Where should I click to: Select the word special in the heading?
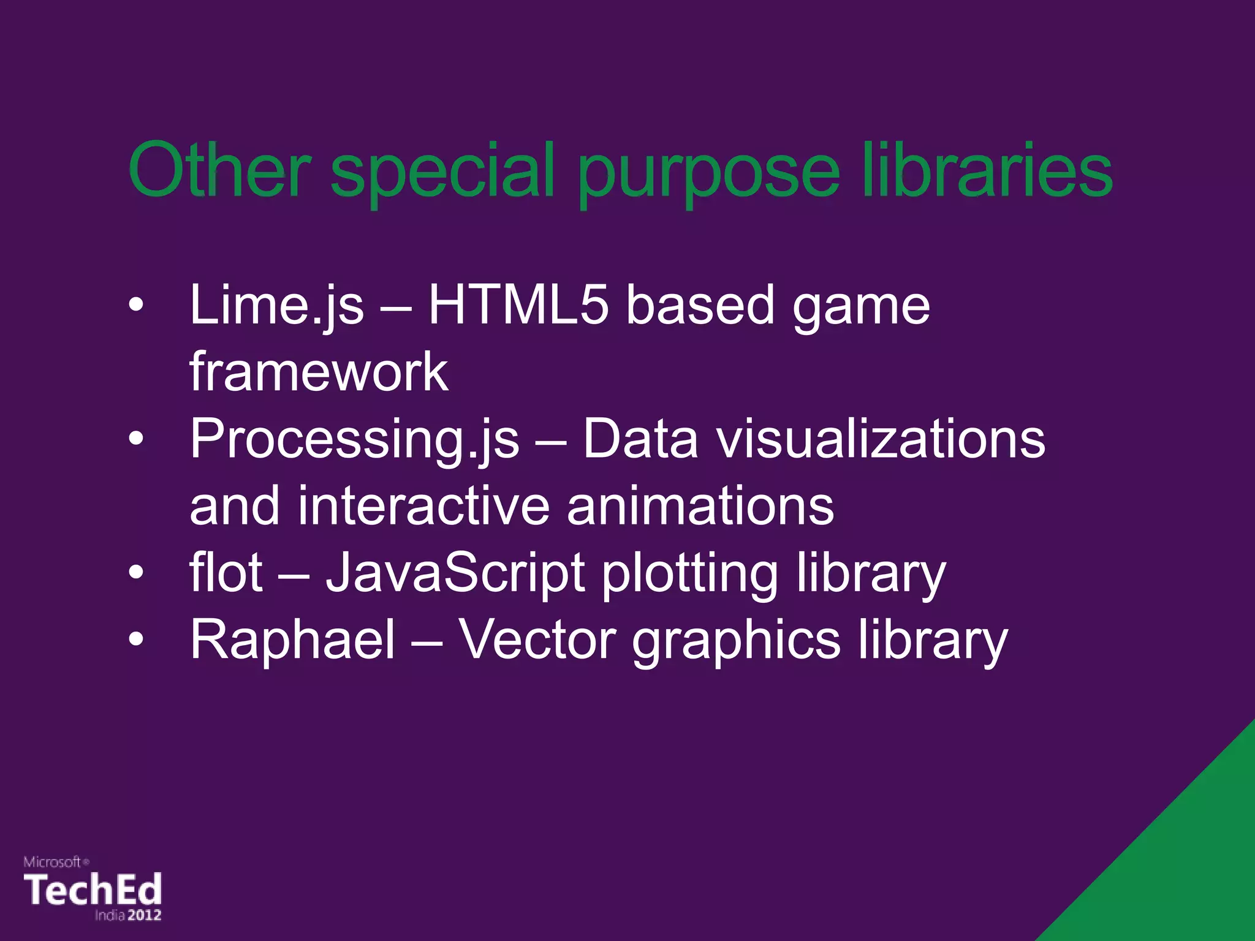pyautogui.click(x=442, y=172)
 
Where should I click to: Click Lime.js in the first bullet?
pyautogui.click(x=276, y=306)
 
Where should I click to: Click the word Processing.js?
pyautogui.click(x=354, y=440)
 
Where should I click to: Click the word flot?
pyautogui.click(x=226, y=572)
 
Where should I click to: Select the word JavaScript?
pyautogui.click(x=455, y=573)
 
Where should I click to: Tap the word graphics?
pyautogui.click(x=736, y=641)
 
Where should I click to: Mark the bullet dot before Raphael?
pyautogui.click(x=136, y=640)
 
